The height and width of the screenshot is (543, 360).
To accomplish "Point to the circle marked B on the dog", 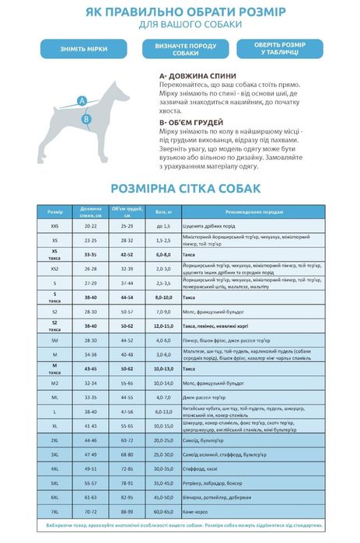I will [x=87, y=119].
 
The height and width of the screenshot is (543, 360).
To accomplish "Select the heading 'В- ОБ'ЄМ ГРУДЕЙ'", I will [x=190, y=123].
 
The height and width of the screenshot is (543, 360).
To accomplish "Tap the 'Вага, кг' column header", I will [x=163, y=211].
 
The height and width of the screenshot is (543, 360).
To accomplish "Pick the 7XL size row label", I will [x=54, y=512].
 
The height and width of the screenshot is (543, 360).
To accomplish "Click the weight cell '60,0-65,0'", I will [x=163, y=512].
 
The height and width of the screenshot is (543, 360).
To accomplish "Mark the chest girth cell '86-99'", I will [x=127, y=512].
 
